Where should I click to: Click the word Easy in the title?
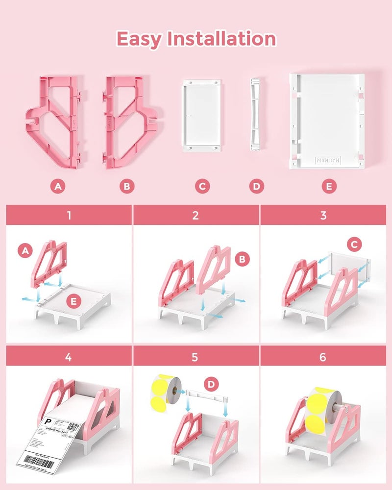click(139, 38)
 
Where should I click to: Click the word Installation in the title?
click(221, 38)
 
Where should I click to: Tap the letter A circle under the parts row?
click(59, 186)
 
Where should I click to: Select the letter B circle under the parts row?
click(127, 186)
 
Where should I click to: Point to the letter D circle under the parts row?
click(256, 186)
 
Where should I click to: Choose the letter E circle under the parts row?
click(329, 186)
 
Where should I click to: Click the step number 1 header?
click(68, 215)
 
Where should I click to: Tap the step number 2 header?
click(196, 215)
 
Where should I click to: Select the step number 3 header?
click(322, 215)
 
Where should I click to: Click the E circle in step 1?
click(74, 302)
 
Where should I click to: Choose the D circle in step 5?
click(210, 385)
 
